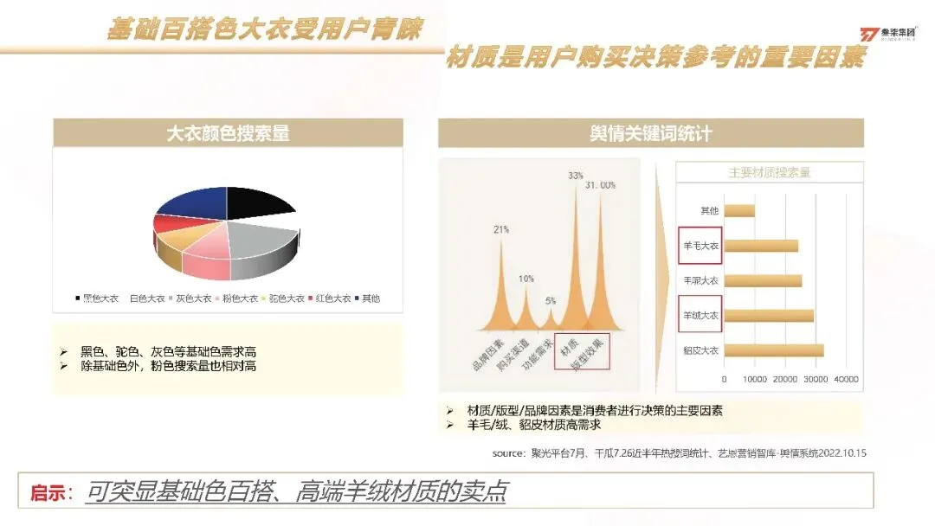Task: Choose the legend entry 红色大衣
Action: [x=330, y=298]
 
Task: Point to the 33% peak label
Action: [x=576, y=176]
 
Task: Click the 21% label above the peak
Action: [x=501, y=229]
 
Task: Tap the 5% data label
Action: [x=551, y=301]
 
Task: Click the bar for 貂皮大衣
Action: [x=773, y=350]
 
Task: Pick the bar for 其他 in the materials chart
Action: [x=738, y=210]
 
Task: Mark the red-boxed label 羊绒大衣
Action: [x=700, y=316]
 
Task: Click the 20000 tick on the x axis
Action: [x=784, y=380]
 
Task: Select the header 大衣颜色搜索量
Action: [x=228, y=133]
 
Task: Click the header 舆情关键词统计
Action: [x=650, y=133]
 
